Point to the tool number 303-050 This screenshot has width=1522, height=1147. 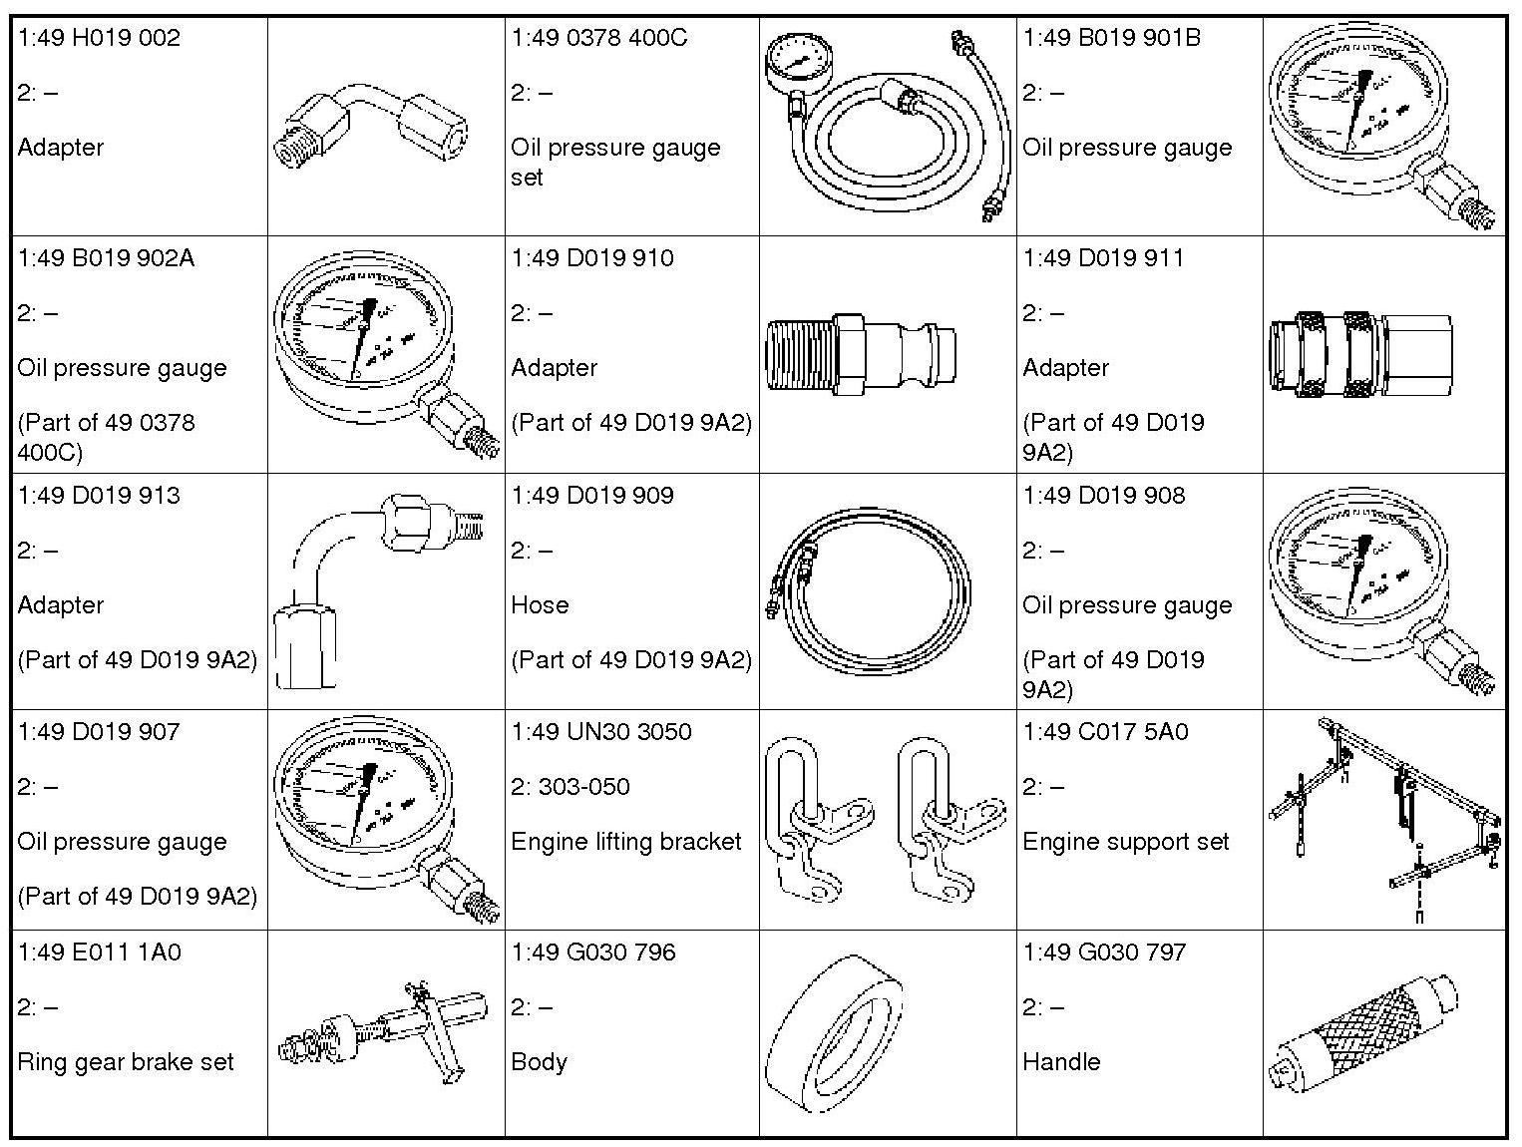[583, 787]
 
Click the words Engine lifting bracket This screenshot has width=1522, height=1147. [625, 842]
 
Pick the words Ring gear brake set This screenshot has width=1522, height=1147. [125, 1062]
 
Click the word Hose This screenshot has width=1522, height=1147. [540, 605]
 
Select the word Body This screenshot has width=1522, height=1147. [539, 1062]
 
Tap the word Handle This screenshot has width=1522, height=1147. [1061, 1062]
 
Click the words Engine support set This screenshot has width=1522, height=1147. [1125, 842]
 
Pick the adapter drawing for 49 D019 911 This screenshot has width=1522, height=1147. [1361, 353]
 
